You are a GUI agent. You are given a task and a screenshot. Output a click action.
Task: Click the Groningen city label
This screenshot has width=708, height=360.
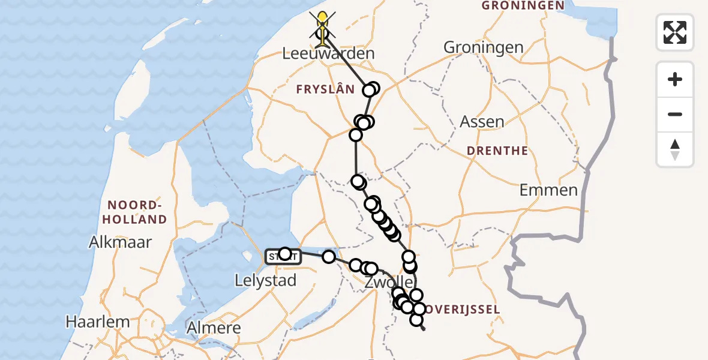pos(483,47)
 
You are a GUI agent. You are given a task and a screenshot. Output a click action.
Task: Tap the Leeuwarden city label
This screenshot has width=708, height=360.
pos(328,53)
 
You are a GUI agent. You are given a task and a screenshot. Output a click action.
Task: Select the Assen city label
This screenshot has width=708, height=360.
pos(482,122)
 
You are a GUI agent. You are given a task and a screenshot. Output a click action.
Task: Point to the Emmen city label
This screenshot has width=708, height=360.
pos(548,191)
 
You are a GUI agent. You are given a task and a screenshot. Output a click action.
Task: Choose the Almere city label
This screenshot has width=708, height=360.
pos(214,328)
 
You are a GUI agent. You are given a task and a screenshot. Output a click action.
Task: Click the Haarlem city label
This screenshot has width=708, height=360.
pos(97,322)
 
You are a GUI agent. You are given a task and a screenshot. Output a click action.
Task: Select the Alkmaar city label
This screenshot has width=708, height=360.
pos(120,242)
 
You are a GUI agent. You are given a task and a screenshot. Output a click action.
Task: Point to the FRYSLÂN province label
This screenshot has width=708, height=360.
pos(325,89)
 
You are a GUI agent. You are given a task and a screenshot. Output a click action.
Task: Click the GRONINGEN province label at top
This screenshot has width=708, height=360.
pos(523,5)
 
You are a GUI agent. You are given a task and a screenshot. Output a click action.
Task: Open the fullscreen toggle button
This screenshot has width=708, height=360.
pos(675,32)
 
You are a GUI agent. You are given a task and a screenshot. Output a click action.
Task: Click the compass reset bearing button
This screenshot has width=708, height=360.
pos(675,149)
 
